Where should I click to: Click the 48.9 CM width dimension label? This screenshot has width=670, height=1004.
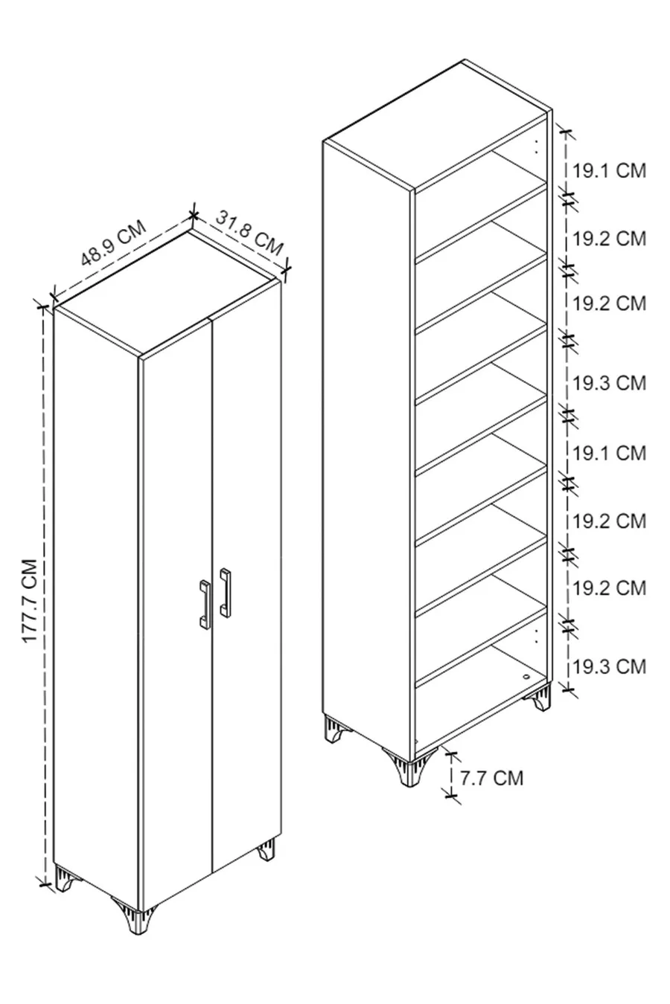pyautogui.click(x=114, y=243)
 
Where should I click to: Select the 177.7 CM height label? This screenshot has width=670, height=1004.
pyautogui.click(x=30, y=601)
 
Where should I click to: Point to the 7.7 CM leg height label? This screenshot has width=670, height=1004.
pyautogui.click(x=491, y=778)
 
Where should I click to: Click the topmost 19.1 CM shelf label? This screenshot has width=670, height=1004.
pyautogui.click(x=610, y=171)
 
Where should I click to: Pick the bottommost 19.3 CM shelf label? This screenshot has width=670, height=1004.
pyautogui.click(x=610, y=666)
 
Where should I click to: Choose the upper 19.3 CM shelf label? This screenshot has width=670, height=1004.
pyautogui.click(x=610, y=383)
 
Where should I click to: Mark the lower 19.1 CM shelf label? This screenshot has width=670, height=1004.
pyautogui.click(x=610, y=453)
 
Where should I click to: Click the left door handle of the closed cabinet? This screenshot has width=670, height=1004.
pyautogui.click(x=204, y=603)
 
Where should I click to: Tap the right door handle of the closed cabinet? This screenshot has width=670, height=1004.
pyautogui.click(x=226, y=592)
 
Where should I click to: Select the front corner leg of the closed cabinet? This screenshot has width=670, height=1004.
pyautogui.click(x=135, y=914)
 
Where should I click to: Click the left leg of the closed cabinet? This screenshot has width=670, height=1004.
pyautogui.click(x=66, y=877)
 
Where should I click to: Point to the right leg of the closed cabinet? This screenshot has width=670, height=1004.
pyautogui.click(x=266, y=849)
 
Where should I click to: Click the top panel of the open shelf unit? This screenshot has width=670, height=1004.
pyautogui.click(x=438, y=123)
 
